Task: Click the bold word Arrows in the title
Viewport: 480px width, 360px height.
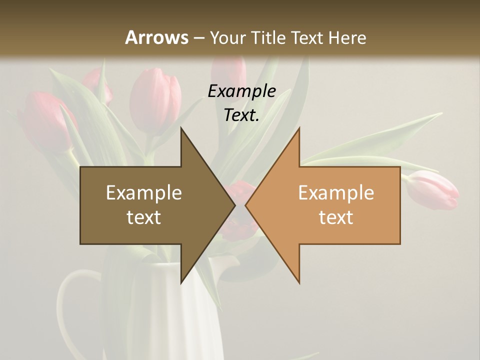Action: (156, 37)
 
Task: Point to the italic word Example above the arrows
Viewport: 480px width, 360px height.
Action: (242, 91)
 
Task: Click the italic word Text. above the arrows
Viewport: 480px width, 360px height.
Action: (242, 115)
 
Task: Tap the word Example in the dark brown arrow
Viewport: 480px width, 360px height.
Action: (144, 193)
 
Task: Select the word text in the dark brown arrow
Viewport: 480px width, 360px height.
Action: (144, 217)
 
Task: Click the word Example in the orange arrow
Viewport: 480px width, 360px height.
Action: (336, 193)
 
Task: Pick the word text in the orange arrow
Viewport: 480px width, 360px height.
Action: (336, 217)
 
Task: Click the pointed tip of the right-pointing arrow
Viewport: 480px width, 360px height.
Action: (234, 205)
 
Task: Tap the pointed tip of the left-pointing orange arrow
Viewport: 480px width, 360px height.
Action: (246, 205)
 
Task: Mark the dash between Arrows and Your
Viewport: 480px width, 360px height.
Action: (198, 38)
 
